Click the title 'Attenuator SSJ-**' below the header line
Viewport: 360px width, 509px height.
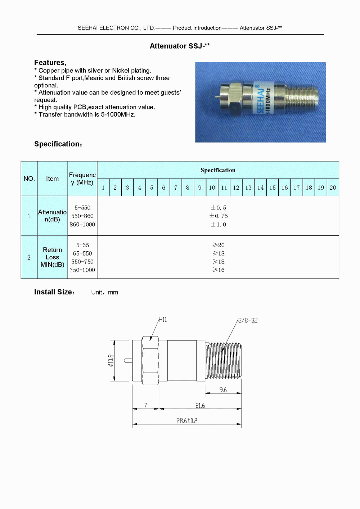click(x=180, y=46)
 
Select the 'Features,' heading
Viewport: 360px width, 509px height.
click(x=50, y=63)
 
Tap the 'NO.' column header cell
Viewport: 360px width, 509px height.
click(x=29, y=179)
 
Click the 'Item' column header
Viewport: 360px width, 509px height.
click(x=52, y=179)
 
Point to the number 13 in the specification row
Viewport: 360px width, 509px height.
click(x=248, y=188)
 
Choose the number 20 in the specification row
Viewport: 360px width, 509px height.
click(x=333, y=188)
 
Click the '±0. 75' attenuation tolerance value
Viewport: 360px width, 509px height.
click(x=219, y=216)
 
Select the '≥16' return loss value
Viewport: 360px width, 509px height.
click(x=218, y=270)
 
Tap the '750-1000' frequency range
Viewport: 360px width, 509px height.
click(x=82, y=270)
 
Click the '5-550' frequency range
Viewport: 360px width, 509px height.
click(x=82, y=208)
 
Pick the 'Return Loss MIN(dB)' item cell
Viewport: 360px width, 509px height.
click(x=52, y=257)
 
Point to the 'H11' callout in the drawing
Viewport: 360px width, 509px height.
click(x=163, y=320)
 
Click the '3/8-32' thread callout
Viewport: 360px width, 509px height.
click(x=248, y=320)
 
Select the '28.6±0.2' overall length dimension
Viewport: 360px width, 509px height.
click(x=186, y=420)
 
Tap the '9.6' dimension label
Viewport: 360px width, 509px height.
click(x=223, y=390)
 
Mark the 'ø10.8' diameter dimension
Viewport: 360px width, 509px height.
click(x=111, y=360)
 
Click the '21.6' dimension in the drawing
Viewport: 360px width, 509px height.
click(x=200, y=405)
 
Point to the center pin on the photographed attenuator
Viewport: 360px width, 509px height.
click(x=216, y=97)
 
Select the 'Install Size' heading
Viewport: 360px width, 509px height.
click(x=54, y=292)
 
